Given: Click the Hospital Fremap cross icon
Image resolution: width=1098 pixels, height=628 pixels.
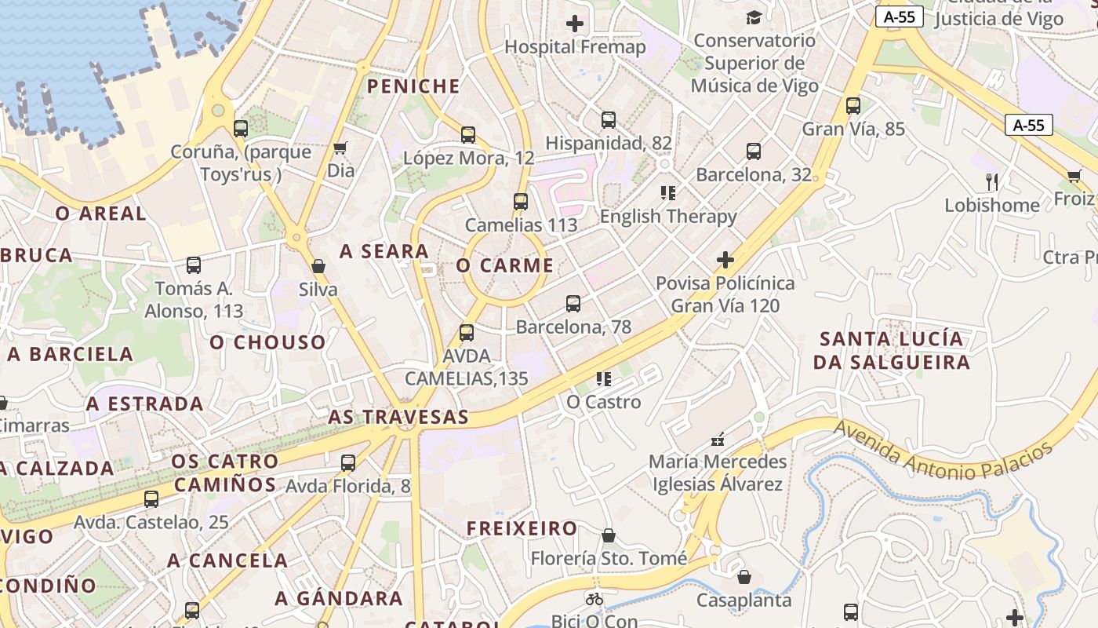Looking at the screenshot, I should [575, 24].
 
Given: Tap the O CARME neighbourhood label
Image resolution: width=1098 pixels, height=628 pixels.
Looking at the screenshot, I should [505, 265].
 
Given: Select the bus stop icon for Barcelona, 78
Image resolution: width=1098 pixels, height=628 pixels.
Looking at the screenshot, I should [573, 304].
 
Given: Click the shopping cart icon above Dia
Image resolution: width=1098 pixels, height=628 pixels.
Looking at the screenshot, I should [340, 148].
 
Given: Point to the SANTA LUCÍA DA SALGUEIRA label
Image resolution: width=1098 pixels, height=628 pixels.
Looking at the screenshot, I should [892, 350].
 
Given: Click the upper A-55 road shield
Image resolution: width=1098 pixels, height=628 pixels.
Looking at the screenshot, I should [900, 17].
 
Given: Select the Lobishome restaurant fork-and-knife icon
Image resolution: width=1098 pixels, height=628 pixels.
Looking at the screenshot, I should [992, 182].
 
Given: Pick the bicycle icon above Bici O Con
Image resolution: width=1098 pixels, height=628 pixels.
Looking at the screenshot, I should [594, 599].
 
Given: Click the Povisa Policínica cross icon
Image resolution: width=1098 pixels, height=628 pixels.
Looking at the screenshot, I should [725, 260].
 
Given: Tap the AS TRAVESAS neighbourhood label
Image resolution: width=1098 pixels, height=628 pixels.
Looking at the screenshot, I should [398, 417].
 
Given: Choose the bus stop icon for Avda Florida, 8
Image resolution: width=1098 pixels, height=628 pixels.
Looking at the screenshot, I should [348, 463].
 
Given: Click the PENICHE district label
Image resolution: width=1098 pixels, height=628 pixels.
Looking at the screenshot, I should [413, 86].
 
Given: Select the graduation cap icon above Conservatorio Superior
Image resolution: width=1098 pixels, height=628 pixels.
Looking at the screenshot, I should [754, 17].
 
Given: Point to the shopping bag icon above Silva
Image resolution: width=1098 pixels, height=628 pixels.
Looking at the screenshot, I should [318, 266].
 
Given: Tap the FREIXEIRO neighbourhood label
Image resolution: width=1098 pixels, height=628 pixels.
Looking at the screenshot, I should [522, 528].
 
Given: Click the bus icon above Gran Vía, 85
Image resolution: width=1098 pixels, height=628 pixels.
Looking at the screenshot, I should [853, 106].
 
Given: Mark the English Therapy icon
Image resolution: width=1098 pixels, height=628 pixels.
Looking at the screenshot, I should [668, 192].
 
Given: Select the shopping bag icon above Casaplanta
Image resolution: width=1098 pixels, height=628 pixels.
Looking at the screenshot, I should [744, 578].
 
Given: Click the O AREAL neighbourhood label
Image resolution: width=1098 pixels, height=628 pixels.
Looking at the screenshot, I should [100, 213].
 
